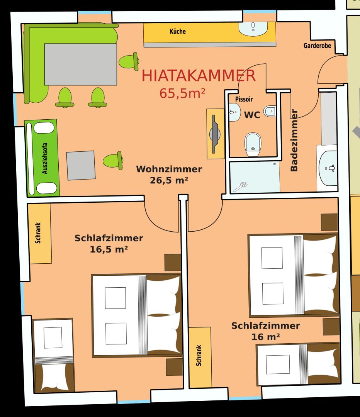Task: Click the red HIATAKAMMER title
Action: click(x=199, y=76)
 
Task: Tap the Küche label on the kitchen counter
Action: click(x=178, y=31)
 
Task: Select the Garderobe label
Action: click(x=317, y=46)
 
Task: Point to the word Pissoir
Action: click(x=244, y=99)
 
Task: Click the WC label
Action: click(x=252, y=115)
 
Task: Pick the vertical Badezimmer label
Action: click(x=294, y=140)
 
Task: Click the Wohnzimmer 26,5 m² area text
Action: click(x=169, y=175)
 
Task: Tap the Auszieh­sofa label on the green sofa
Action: click(x=45, y=159)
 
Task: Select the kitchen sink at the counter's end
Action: click(x=253, y=29)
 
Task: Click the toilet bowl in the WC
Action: click(x=253, y=144)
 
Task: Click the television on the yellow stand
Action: click(x=214, y=134)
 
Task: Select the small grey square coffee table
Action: click(x=81, y=165)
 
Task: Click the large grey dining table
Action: click(x=81, y=64)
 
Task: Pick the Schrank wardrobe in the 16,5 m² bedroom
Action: click(x=40, y=234)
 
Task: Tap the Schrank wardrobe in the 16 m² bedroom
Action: click(x=200, y=357)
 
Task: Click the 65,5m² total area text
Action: click(x=182, y=93)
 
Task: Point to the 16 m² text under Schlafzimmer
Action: click(x=265, y=337)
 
